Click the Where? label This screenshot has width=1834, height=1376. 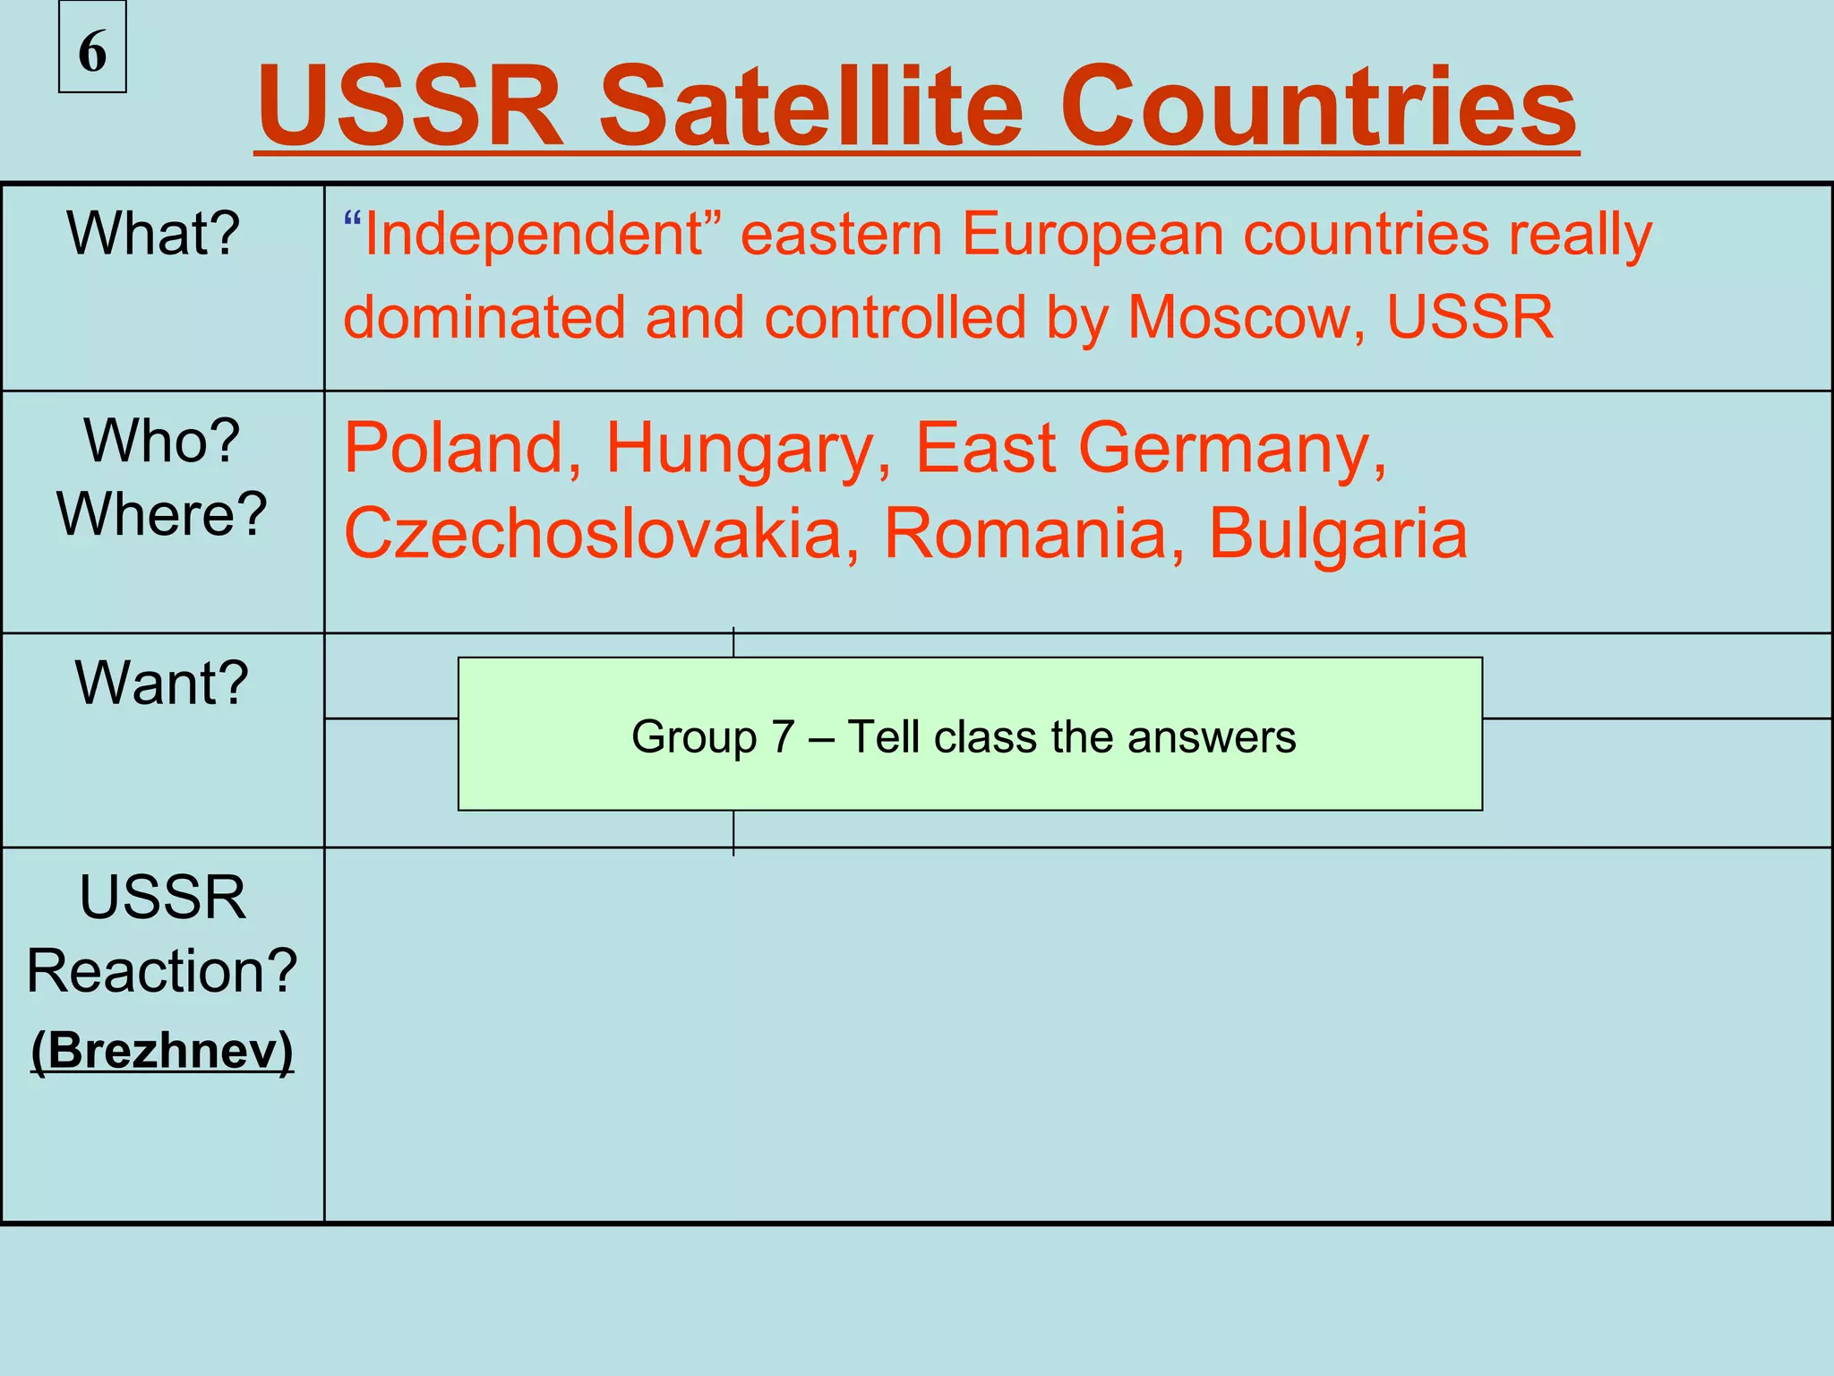coord(162,514)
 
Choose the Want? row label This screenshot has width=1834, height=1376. coord(162,683)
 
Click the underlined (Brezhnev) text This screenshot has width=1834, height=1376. coord(162,1050)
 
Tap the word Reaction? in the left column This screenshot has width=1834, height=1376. coord(162,971)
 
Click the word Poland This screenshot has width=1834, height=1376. coord(462,447)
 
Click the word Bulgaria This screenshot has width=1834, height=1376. coord(1338,533)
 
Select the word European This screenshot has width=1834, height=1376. coord(1093,235)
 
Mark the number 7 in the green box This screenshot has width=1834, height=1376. coord(784,737)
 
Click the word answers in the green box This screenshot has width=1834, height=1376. coord(1212,737)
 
